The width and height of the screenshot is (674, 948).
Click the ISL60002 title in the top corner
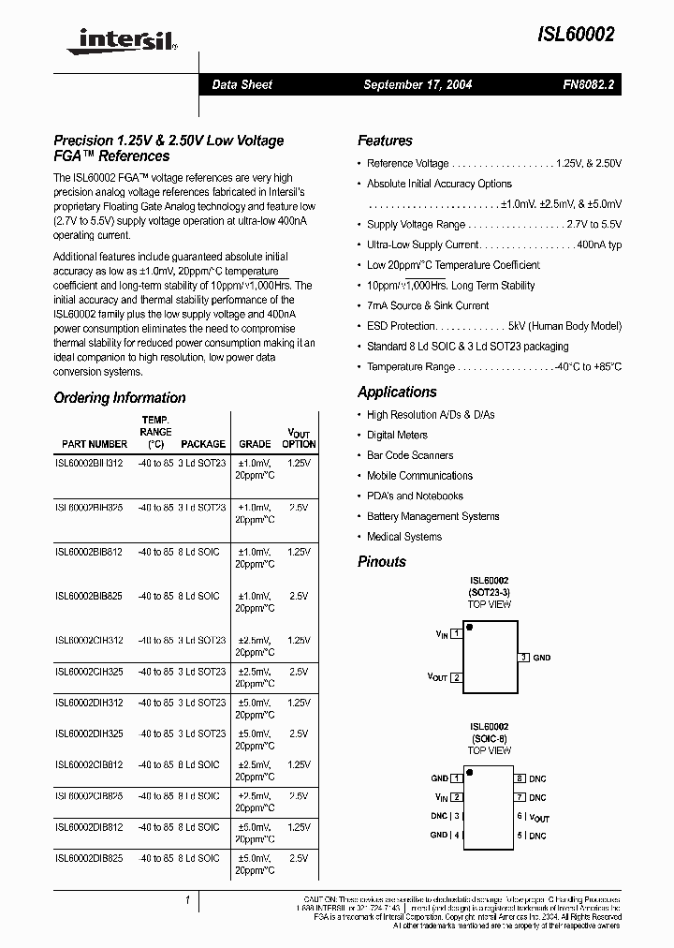click(x=575, y=35)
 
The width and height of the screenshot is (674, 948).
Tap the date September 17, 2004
click(x=418, y=84)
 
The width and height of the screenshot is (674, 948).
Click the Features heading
click(x=385, y=141)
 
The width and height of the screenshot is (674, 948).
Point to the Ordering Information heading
click(x=120, y=398)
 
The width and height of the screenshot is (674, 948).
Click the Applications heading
click(x=397, y=392)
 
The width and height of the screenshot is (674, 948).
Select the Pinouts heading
click(x=382, y=562)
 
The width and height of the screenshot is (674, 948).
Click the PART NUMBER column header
click(x=95, y=444)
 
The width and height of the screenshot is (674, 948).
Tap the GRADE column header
click(x=255, y=444)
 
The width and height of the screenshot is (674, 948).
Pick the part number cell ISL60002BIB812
click(x=89, y=552)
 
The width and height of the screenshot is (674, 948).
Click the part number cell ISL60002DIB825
click(x=89, y=857)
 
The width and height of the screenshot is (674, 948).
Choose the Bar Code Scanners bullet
click(x=410, y=455)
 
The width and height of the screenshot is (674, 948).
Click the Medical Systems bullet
click(x=403, y=537)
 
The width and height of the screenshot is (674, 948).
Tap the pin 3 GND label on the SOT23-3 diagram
click(x=541, y=658)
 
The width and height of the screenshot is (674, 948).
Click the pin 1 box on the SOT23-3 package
click(x=456, y=634)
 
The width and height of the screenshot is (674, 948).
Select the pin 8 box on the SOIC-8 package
click(x=519, y=778)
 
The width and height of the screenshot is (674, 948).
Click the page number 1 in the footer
click(x=187, y=900)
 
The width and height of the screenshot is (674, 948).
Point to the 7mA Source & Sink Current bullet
click(x=427, y=305)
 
